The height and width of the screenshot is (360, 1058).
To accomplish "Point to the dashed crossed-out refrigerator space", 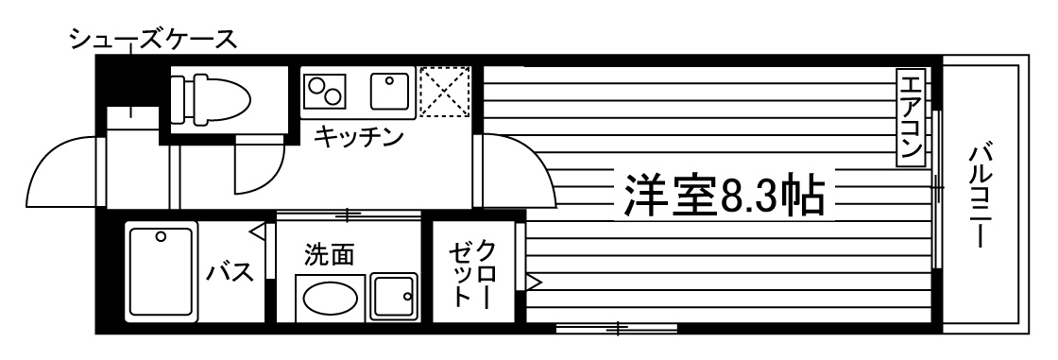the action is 444,92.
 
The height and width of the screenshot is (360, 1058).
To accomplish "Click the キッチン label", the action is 358,138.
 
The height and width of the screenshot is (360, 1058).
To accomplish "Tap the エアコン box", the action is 912,118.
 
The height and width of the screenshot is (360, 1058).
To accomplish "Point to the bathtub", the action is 161,273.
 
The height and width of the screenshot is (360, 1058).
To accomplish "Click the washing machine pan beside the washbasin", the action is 394,298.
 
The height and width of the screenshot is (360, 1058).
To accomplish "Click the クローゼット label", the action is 472,272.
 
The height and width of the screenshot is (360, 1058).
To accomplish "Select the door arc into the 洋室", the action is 515,170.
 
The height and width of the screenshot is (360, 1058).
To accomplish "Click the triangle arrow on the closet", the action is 534,281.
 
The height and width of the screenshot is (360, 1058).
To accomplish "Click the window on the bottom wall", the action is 616,328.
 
